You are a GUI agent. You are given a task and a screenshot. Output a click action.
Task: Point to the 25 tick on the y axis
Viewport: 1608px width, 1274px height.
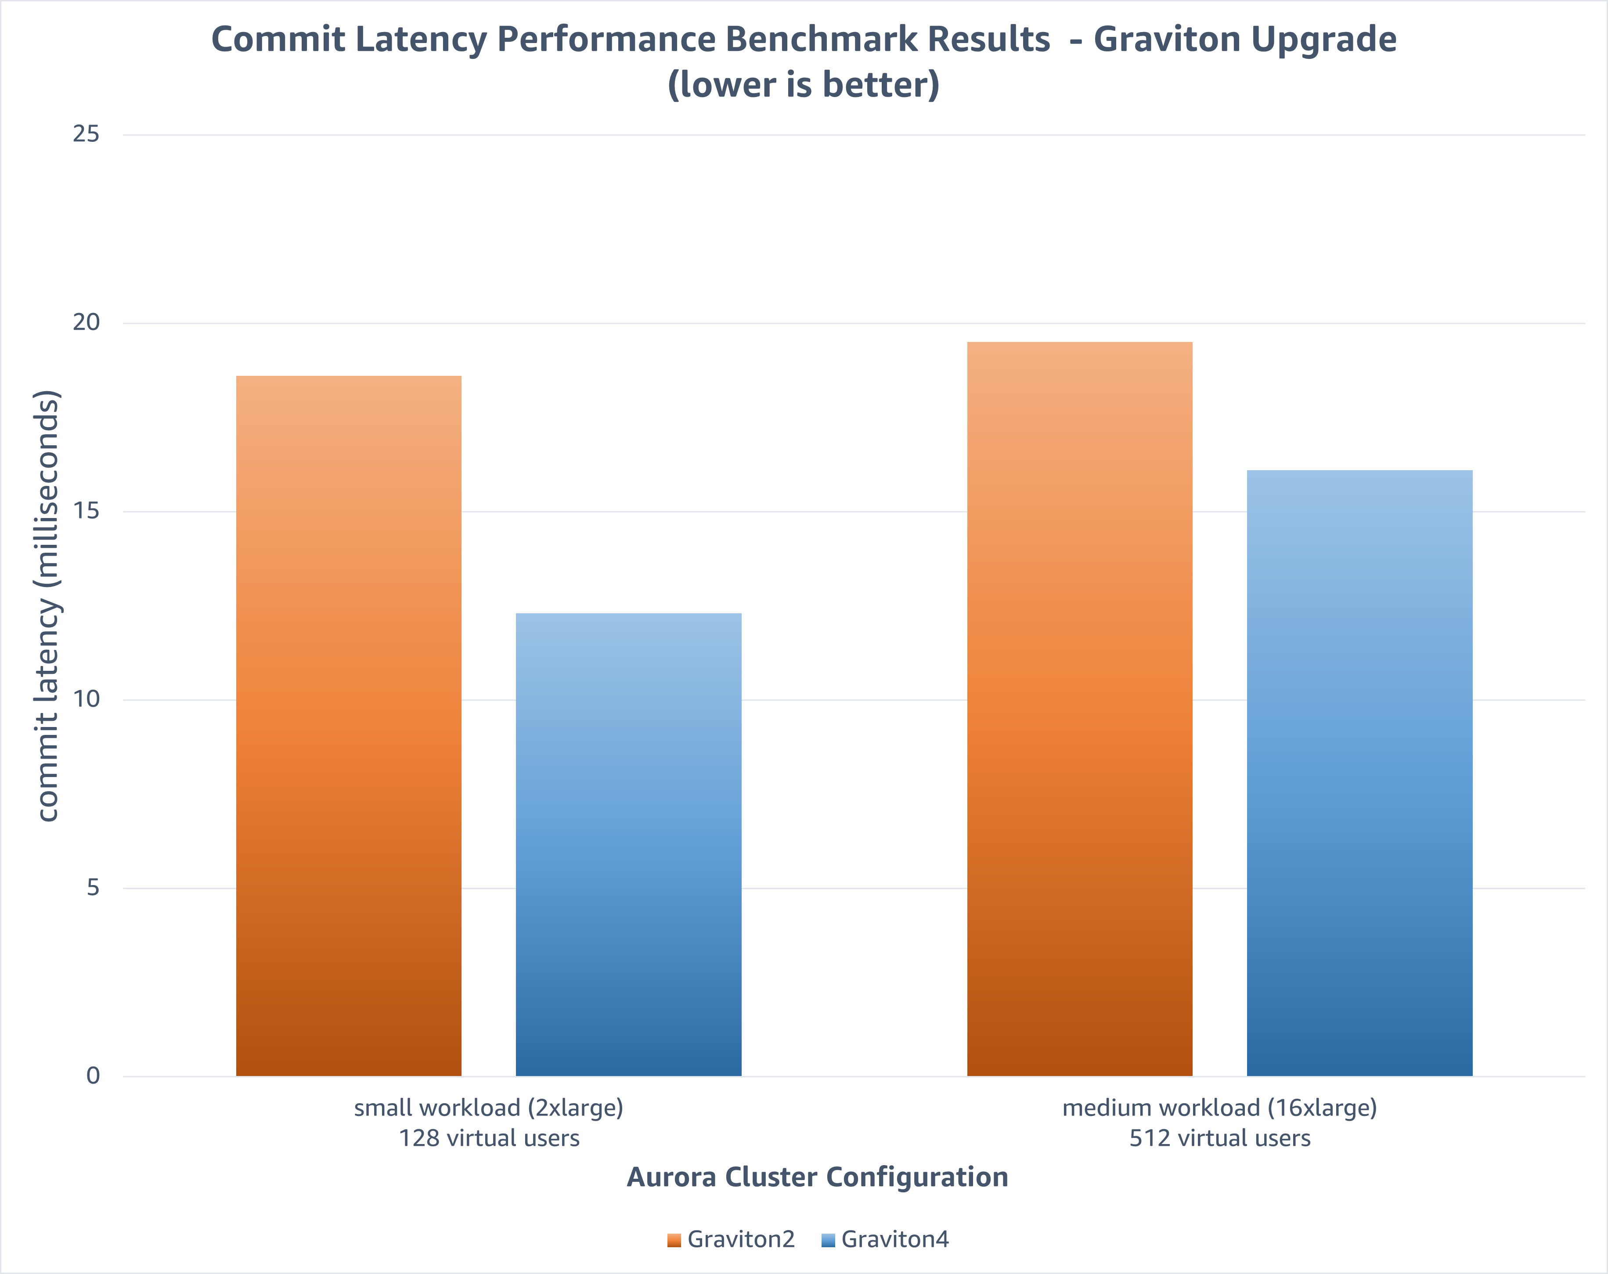click(86, 134)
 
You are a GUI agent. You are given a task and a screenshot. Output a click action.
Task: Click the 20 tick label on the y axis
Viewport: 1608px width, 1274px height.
click(86, 323)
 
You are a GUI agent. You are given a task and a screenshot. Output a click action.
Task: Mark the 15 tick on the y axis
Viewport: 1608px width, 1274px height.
click(86, 511)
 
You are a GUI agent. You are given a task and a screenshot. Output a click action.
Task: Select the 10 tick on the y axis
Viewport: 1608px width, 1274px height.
click(86, 699)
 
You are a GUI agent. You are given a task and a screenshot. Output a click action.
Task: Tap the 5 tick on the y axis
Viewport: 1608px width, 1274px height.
click(93, 888)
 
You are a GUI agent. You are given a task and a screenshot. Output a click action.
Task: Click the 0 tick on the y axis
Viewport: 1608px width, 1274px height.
click(93, 1076)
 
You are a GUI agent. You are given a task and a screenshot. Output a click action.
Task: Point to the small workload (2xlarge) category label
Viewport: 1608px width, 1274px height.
click(489, 1108)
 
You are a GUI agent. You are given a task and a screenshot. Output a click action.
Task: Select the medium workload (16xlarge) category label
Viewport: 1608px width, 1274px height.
click(1219, 1108)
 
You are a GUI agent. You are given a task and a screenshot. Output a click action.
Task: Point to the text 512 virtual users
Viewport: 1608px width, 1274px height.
click(1219, 1138)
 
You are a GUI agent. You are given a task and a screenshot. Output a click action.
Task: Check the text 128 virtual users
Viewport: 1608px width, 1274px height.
click(489, 1138)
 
